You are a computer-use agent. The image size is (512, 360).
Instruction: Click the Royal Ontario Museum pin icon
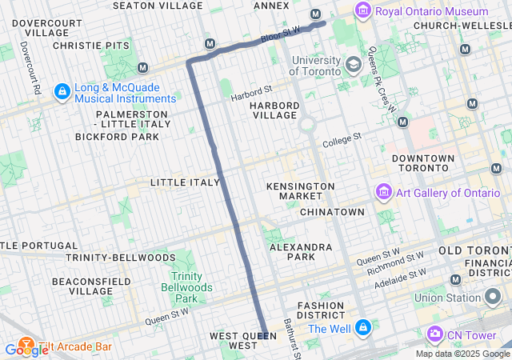coord(364,11)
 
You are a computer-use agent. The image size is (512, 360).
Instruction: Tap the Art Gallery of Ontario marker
coord(383,193)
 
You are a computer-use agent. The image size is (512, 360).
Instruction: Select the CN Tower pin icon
coord(435,334)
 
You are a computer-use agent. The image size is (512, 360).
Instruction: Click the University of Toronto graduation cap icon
coord(353,63)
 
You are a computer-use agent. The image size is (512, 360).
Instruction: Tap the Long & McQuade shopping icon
coord(62,92)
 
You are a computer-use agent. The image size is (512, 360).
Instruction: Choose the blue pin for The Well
coord(364,328)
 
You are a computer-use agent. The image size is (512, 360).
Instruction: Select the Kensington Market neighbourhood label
coord(301,191)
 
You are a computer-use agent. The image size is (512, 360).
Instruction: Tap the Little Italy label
coord(185,182)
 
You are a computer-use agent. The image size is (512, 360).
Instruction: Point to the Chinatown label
coord(332,212)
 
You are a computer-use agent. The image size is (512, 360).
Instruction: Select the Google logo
coord(26,350)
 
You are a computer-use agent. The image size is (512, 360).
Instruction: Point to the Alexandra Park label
coord(301,253)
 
